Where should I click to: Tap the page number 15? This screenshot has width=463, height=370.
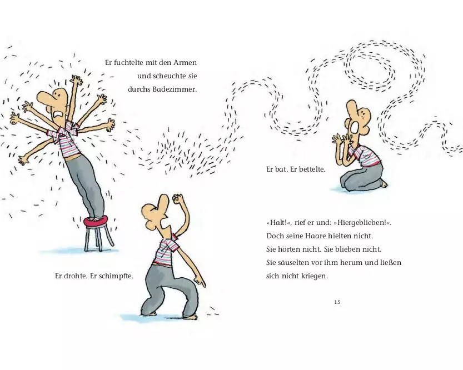coord(337,302)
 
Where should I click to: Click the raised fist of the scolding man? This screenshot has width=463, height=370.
coord(178,198)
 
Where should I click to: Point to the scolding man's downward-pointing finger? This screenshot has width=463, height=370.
coord(201,281)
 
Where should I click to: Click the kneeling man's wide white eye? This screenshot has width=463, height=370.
coord(355,128)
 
